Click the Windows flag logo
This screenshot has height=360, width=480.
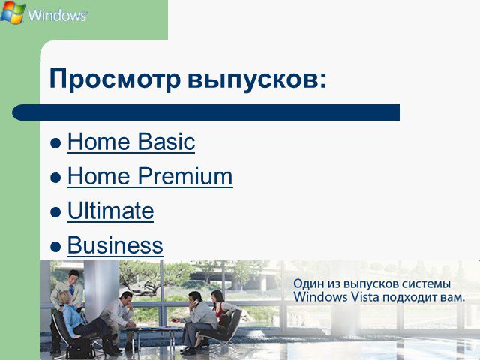[13, 12]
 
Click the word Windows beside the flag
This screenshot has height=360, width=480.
[58, 15]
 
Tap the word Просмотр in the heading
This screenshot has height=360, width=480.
[115, 79]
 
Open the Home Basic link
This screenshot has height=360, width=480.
[131, 142]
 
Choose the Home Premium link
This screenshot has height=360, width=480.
[150, 176]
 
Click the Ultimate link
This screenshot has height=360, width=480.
[110, 211]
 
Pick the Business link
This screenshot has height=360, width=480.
[115, 245]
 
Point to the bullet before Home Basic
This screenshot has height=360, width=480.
[55, 143]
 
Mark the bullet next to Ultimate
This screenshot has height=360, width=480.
[55, 212]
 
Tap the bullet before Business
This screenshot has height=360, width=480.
[55, 247]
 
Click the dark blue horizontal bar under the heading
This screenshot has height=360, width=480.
[205, 112]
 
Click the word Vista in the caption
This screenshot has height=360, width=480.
[364, 297]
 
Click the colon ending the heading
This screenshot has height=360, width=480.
[323, 81]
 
